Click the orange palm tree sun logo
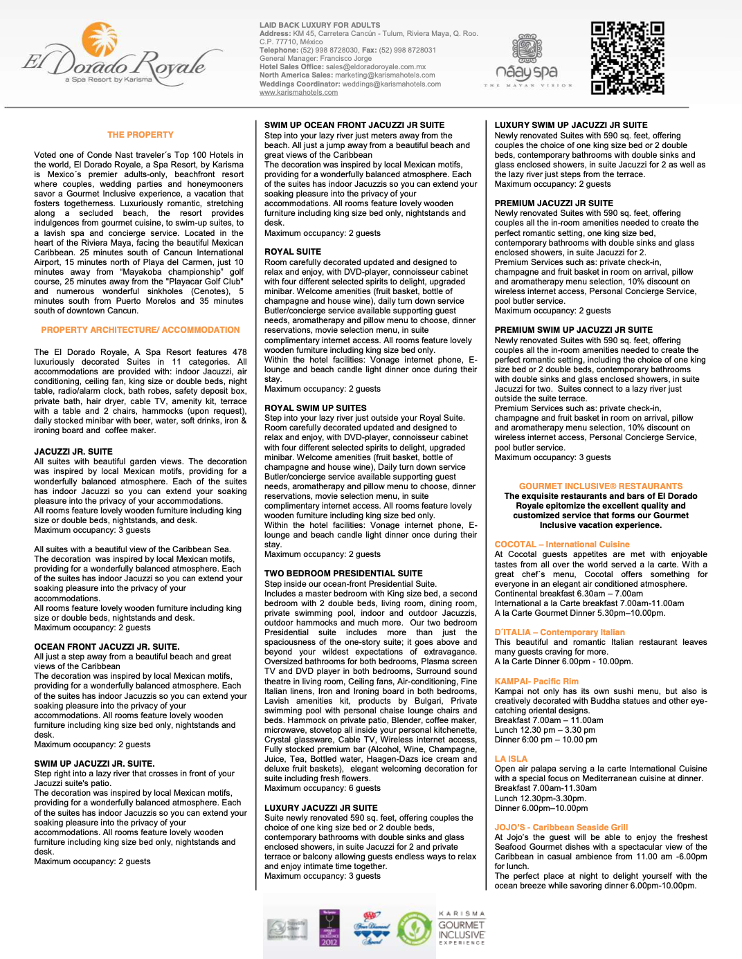(100, 39)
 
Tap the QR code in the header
(627, 58)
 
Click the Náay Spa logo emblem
(527, 48)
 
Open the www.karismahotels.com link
(298, 93)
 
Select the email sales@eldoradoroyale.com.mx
(376, 67)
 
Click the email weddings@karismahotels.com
(391, 84)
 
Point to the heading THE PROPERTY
(141, 135)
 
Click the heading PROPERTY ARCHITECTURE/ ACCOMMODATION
(141, 330)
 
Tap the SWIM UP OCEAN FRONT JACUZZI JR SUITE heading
(354, 125)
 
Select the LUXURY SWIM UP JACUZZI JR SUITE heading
(571, 125)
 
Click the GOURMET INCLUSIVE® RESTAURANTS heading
(601, 486)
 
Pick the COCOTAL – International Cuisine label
(562, 545)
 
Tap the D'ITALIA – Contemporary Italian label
(559, 632)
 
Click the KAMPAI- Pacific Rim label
(536, 682)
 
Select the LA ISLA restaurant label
(511, 759)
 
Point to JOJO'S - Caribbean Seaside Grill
(561, 828)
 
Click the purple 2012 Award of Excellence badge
(329, 928)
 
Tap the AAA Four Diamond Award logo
(372, 929)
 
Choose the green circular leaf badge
(414, 929)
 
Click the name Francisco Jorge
(345, 59)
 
